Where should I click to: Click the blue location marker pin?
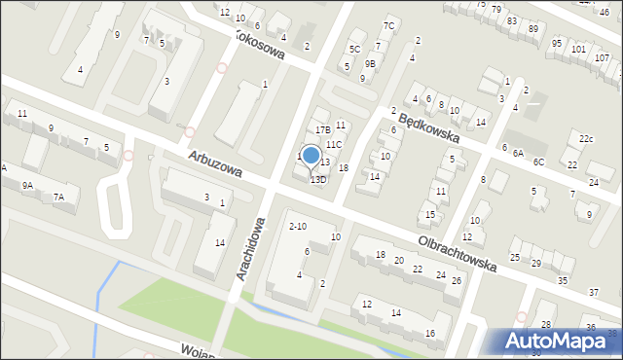311,156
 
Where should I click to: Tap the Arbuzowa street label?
214,163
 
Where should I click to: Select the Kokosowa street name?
259,43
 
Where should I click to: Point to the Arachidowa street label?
251,249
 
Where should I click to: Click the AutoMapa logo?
561,340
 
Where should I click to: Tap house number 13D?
318,180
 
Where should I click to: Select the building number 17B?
323,129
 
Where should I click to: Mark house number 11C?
334,144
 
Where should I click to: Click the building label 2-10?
298,227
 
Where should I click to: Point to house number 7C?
388,25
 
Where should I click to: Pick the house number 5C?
355,49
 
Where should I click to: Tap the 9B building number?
370,63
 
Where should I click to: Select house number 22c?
585,139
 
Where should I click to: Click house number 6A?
519,153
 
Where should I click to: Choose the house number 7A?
58,198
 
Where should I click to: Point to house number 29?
535,263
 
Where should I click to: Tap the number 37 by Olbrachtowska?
593,293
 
